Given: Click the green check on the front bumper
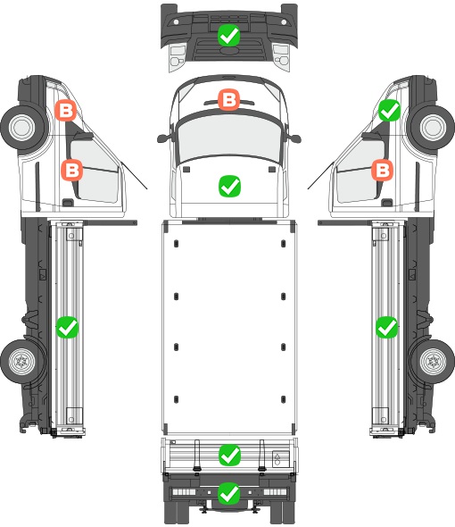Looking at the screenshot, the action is pos(228,36).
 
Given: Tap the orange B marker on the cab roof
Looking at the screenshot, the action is pos(228,99).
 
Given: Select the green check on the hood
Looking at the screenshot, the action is pos(229,186).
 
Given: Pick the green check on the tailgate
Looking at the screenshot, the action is pos(229,455).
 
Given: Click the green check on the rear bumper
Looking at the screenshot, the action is pos(229,493).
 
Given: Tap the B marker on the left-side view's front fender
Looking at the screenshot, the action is pos(65,110).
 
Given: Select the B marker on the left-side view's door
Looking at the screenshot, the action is pos(72,170).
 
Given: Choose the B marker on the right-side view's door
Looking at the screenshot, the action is pos(383,170).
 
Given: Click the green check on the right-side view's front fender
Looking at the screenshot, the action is pos(390,110).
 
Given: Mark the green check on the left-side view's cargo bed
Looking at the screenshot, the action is pos(67,327).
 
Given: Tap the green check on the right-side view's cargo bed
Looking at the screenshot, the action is pos(387,327).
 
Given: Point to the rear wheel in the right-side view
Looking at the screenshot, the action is pos(433,361).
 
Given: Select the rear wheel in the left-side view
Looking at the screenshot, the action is pos(22,361).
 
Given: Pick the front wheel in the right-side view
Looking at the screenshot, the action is pos(433,128).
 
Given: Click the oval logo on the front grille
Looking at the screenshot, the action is pos(229,50).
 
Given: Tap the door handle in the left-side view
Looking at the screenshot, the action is pos(68,203).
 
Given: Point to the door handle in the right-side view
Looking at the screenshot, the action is pos(387,203).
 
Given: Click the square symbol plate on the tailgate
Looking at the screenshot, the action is pos(280,459).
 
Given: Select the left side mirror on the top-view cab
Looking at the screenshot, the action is pos(164,138).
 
